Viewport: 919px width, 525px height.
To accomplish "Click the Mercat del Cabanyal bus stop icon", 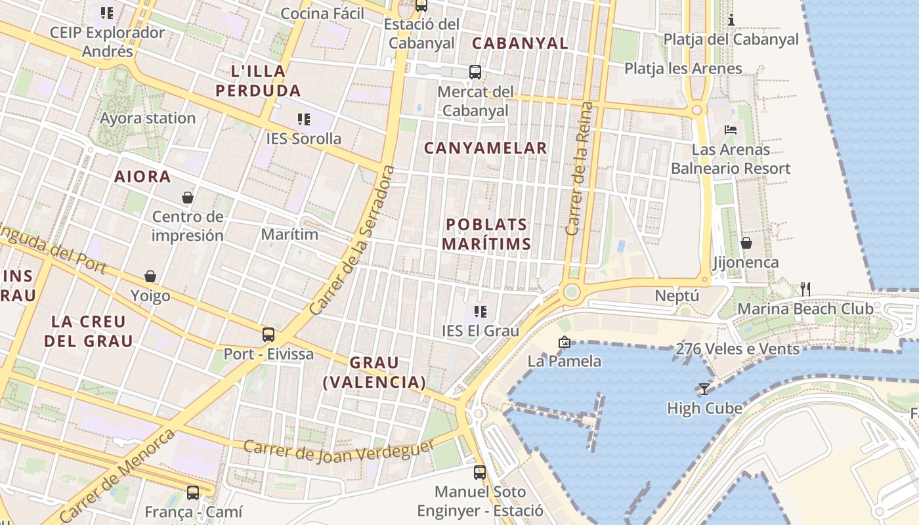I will click(x=475, y=72).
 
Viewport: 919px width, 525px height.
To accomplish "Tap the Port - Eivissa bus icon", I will click(x=268, y=334).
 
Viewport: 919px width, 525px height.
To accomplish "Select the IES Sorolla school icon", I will click(x=303, y=119).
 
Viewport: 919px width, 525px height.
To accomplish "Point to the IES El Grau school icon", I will click(x=481, y=312).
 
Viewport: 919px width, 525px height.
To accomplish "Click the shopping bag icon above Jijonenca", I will click(x=746, y=243).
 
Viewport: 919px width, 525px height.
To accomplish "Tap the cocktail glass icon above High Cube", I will click(x=704, y=388).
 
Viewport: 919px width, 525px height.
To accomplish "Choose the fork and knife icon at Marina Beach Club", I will click(x=805, y=289).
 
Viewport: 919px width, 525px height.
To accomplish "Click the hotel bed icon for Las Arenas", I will click(x=731, y=130).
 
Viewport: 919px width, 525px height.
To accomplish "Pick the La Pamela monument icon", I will click(x=564, y=342).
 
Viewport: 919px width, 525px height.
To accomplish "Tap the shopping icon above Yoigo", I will click(x=150, y=276).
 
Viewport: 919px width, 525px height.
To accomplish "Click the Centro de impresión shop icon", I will click(x=188, y=197).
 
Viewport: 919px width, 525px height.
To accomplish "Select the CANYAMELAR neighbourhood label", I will click(x=486, y=148).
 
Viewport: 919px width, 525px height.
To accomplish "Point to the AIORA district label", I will click(x=142, y=177).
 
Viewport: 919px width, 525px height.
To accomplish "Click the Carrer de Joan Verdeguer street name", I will click(x=339, y=451).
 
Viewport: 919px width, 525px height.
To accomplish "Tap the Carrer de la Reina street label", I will click(x=580, y=169).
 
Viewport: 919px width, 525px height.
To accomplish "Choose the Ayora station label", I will click(x=148, y=119).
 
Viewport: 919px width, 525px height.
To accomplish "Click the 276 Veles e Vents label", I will click(x=738, y=348).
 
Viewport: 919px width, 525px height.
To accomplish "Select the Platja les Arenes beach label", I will click(x=683, y=69).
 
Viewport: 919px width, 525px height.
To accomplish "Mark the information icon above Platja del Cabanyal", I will click(x=731, y=20).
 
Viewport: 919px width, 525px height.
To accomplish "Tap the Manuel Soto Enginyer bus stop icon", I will click(x=480, y=472).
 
